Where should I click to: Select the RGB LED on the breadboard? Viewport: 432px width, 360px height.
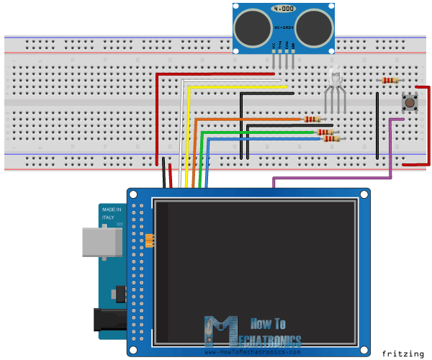(334, 78)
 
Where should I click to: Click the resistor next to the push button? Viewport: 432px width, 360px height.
(389, 81)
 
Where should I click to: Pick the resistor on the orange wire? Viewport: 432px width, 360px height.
(312, 119)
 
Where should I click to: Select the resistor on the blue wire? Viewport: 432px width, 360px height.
(331, 139)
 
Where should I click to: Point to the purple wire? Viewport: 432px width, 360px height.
(331, 177)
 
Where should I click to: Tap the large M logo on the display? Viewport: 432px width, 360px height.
(220, 332)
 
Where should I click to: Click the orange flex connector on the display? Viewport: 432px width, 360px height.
(150, 240)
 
